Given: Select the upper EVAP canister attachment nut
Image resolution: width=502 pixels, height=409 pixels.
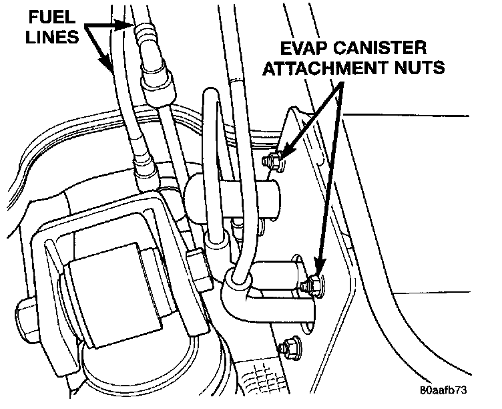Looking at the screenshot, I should point(273,162).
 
